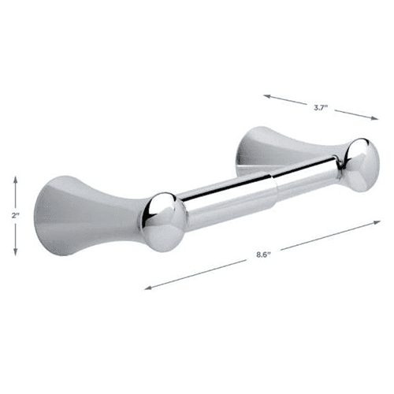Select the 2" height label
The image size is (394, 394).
tap(15, 214)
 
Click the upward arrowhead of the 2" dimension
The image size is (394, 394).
tap(15, 180)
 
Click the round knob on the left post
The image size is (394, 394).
tap(165, 213)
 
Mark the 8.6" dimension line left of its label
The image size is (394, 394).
tap(197, 272)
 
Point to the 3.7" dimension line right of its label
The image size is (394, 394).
tap(355, 113)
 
